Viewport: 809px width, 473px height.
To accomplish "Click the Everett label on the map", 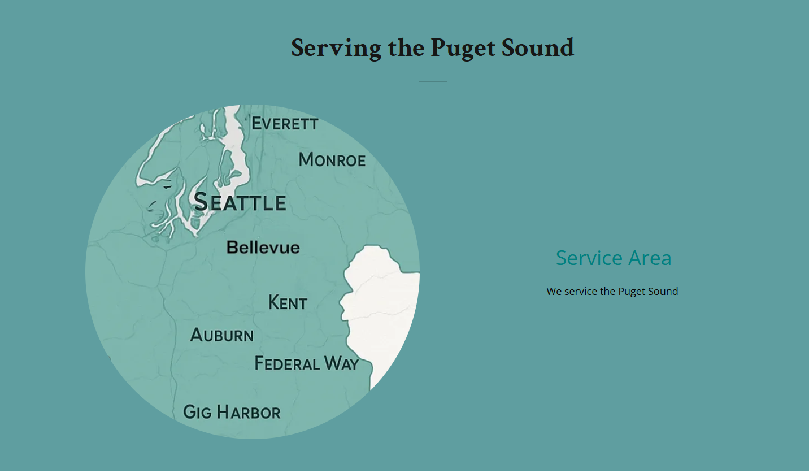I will click(285, 123).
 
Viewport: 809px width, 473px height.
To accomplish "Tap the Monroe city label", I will click(332, 160).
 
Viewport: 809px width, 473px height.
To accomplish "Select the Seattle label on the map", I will click(240, 202).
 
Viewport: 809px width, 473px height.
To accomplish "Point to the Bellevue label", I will click(263, 248).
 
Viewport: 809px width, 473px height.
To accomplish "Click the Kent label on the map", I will click(288, 303).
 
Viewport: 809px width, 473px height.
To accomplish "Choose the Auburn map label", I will click(222, 335).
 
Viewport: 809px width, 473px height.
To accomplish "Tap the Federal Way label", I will click(306, 363).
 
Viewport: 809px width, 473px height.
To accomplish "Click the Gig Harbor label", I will click(232, 412).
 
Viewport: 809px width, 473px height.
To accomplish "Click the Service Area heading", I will click(614, 258).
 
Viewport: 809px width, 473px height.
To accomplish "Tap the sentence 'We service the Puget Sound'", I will click(612, 292).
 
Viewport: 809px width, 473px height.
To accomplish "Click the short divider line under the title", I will click(433, 81).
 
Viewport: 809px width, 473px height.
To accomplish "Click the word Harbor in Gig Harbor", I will click(248, 412).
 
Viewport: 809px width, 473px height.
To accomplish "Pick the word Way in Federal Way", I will click(342, 363).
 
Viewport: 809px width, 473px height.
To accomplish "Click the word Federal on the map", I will click(288, 363).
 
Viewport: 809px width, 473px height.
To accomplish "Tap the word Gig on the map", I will click(197, 412).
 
